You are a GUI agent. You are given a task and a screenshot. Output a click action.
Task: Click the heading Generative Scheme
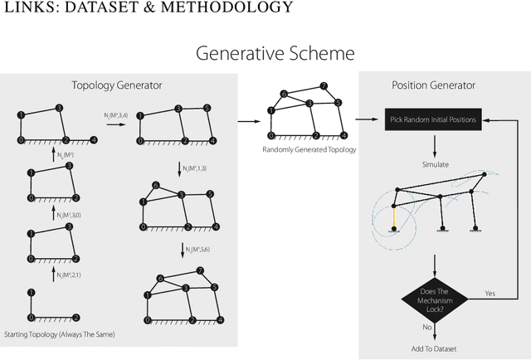tap(275, 54)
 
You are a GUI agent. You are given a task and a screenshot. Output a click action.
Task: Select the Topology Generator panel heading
tap(116, 85)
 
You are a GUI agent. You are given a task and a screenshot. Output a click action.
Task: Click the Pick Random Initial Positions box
tap(434, 119)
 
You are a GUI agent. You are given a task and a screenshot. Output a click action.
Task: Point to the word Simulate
tap(435, 163)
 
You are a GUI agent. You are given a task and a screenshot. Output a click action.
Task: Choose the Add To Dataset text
tap(435, 348)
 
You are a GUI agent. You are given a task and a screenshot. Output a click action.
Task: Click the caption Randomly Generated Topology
tap(298, 149)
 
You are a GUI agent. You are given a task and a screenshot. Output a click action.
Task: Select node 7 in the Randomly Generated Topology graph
tap(324, 86)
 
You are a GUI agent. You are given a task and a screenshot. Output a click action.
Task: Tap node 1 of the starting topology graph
tap(31, 292)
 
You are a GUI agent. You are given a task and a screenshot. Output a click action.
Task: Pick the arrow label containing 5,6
tap(197, 250)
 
